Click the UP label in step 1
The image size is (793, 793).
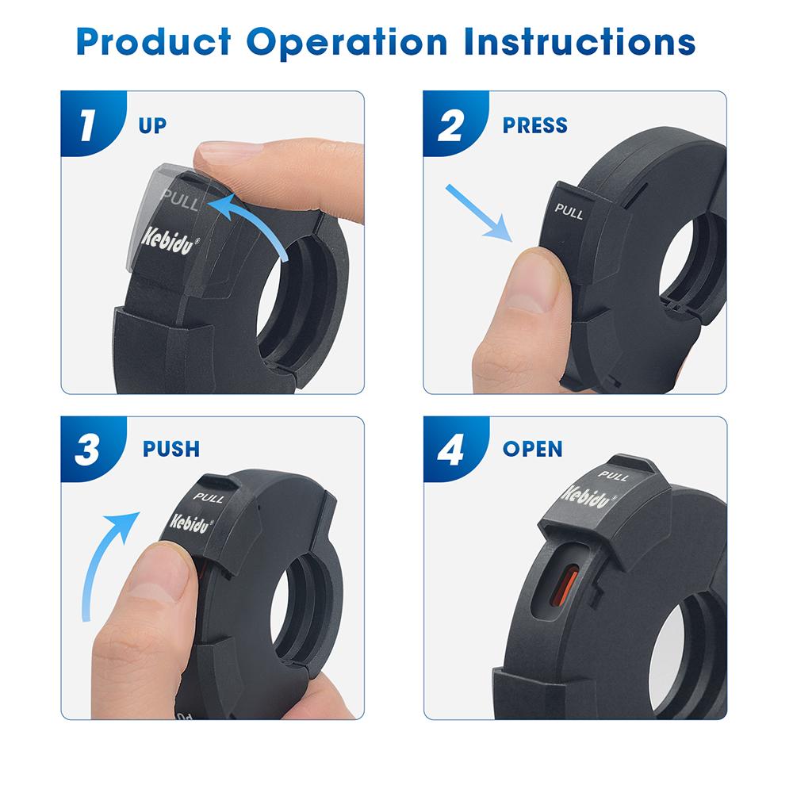click(152, 125)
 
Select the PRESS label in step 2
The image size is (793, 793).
click(535, 125)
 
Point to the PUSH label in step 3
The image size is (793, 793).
click(171, 449)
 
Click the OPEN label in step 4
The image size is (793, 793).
click(532, 449)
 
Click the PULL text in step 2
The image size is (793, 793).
click(569, 211)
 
